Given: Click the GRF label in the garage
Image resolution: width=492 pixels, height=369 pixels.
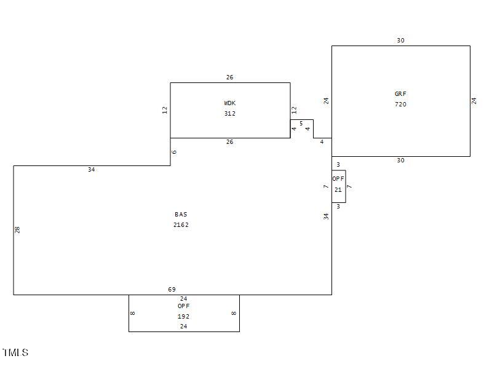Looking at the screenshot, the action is click(x=400, y=94).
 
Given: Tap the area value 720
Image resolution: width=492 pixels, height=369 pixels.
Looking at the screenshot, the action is click(x=400, y=105).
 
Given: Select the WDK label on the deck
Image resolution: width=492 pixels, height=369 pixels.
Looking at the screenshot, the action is click(x=229, y=103).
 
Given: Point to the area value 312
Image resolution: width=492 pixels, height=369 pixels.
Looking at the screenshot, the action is click(x=229, y=114).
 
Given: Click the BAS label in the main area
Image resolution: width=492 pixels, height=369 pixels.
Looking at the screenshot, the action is click(x=181, y=215).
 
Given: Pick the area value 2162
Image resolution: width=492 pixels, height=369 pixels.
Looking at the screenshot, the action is click(x=181, y=225).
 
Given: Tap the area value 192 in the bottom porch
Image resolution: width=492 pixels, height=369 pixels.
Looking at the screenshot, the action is click(x=183, y=317).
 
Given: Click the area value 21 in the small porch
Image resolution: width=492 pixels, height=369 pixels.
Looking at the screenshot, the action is click(x=338, y=190).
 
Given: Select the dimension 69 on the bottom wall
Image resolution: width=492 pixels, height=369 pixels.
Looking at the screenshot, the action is click(x=172, y=290).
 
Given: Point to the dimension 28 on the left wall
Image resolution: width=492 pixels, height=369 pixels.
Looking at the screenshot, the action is click(x=18, y=229).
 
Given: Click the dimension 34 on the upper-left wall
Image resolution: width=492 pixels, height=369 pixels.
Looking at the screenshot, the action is click(x=91, y=170).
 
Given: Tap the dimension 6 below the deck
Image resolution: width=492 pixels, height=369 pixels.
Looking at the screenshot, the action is click(x=175, y=152).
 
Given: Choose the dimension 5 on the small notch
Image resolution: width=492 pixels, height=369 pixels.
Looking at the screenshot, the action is click(x=301, y=124).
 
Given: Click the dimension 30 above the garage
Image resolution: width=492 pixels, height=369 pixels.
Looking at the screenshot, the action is click(x=400, y=41).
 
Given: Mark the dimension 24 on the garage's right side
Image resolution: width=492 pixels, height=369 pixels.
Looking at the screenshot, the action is click(x=474, y=101).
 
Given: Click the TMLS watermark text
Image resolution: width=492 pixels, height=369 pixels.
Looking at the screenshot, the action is click(x=15, y=352).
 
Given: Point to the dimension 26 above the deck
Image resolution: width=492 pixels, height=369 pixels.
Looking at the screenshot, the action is click(x=229, y=77).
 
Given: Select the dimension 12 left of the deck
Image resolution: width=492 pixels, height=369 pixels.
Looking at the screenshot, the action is click(x=165, y=110).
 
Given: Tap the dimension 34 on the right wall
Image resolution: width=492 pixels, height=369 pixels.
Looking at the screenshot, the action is click(x=326, y=216).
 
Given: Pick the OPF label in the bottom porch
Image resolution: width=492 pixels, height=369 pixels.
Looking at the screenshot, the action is click(x=183, y=306).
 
